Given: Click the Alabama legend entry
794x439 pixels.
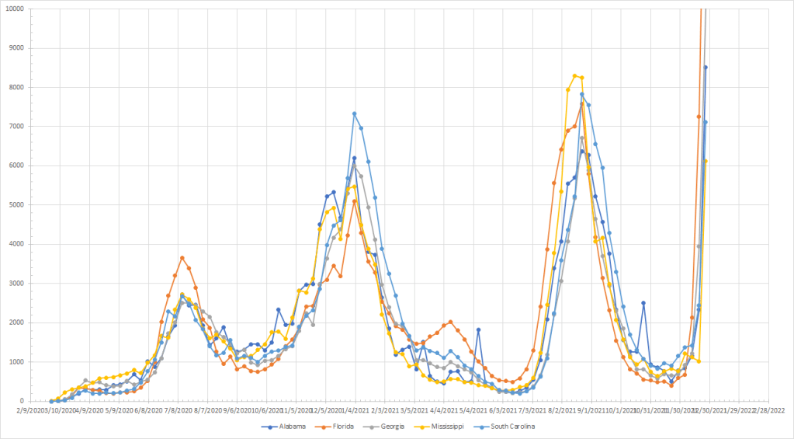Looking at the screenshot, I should pyautogui.click(x=292, y=427).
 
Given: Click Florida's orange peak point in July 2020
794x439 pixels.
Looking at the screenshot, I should pyautogui.click(x=182, y=258).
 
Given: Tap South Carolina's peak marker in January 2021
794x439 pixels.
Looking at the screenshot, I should pyautogui.click(x=354, y=113).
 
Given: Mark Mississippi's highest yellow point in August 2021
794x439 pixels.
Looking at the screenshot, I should pyautogui.click(x=574, y=75).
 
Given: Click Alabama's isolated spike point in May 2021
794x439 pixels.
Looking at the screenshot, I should pyautogui.click(x=478, y=329).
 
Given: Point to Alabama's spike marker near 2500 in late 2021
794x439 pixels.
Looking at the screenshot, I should pyautogui.click(x=643, y=303).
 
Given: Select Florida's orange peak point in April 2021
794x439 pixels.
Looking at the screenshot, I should pyautogui.click(x=450, y=322).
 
